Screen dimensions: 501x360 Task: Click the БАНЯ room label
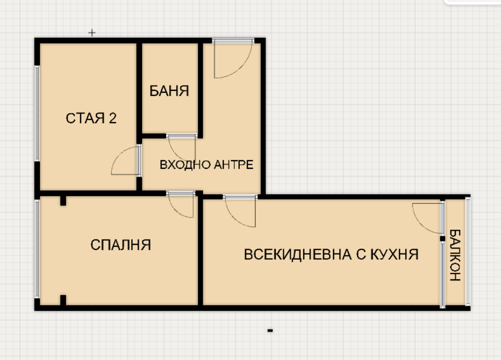click(x=169, y=91)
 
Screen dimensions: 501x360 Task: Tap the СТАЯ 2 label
click(x=91, y=118)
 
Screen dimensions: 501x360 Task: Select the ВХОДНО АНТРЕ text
click(x=206, y=165)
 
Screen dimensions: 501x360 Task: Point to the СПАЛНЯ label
click(x=121, y=245)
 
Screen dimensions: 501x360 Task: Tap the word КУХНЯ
click(x=395, y=255)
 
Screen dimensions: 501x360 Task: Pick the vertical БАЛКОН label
click(x=455, y=255)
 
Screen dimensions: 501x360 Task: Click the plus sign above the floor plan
click(x=92, y=32)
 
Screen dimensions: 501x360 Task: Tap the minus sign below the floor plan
click(x=270, y=330)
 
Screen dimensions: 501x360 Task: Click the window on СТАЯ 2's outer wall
click(x=37, y=113)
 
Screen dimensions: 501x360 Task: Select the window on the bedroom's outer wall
click(x=37, y=248)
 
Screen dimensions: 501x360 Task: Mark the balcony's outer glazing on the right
click(x=468, y=251)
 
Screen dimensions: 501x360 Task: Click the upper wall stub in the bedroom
click(x=63, y=201)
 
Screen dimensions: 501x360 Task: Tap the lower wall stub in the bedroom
click(x=63, y=300)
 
